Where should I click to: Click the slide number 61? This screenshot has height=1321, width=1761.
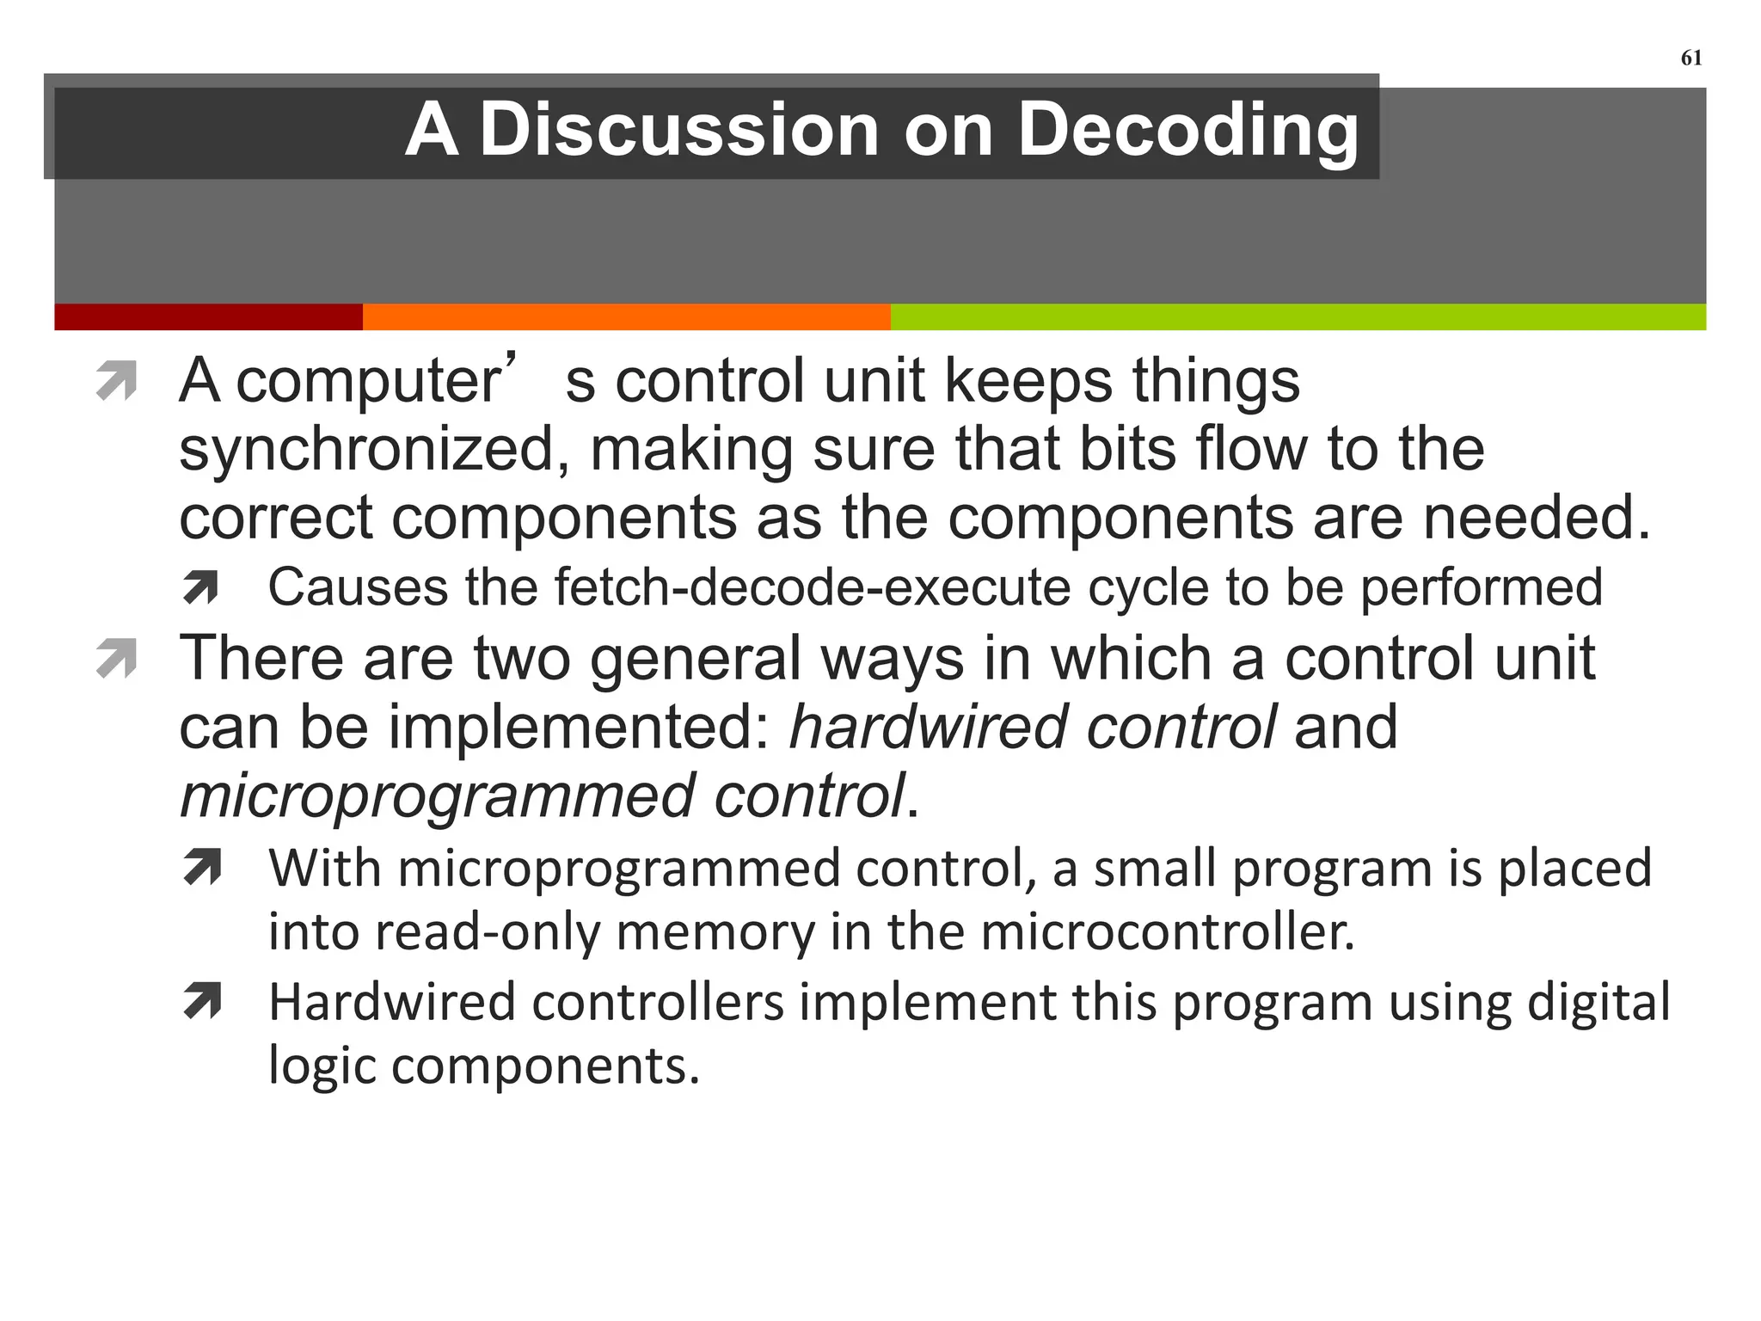pos(1690,58)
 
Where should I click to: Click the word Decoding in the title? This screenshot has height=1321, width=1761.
pos(1187,130)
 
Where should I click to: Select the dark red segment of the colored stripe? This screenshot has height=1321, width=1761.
pos(208,316)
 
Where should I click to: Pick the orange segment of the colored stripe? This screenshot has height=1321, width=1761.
pos(626,316)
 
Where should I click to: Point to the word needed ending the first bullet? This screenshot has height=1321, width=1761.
pos(1536,518)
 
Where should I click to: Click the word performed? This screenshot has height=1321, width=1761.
pos(1481,588)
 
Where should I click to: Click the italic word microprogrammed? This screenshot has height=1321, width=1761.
pos(437,796)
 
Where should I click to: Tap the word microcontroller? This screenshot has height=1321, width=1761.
pos(1166,932)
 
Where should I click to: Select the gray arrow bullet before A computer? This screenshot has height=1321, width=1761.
pos(117,382)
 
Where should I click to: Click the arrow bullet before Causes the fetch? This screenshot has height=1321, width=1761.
pos(201,588)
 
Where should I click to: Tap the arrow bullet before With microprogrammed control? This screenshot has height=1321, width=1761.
pos(203,867)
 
